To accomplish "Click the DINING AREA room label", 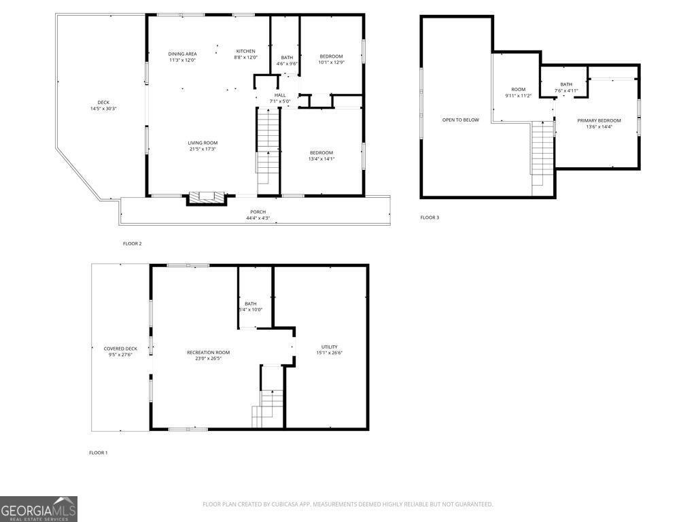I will [x=182, y=53].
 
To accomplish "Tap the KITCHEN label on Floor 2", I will [x=245, y=52].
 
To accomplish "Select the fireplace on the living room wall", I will [x=206, y=198].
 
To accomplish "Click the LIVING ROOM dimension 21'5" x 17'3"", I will [x=203, y=149].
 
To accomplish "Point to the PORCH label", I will [x=258, y=212].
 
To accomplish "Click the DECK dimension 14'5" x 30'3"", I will [x=103, y=109].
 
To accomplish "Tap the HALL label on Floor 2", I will [x=280, y=95].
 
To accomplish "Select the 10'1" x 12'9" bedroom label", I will [x=331, y=63].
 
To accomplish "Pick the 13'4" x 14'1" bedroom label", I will [x=321, y=159].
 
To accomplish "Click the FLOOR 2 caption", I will [x=132, y=243].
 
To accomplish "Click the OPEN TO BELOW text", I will [x=460, y=120].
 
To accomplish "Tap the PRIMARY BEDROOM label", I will [x=599, y=120].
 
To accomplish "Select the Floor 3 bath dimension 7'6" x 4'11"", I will [x=566, y=90].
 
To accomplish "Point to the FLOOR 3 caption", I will [x=430, y=217].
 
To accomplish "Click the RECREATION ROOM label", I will [x=209, y=352].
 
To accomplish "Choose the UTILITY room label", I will [x=329, y=347].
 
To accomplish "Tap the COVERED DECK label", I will [x=120, y=349].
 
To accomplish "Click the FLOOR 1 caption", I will [x=99, y=453].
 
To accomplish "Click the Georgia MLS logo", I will [x=39, y=509].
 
